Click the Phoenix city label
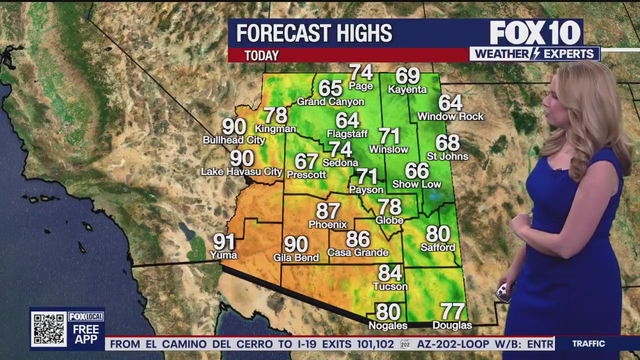click(x=327, y=224)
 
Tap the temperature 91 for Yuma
click(x=224, y=242)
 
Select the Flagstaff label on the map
click(x=347, y=134)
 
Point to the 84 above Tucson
click(x=390, y=273)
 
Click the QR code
click(x=48, y=328)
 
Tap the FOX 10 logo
click(x=535, y=33)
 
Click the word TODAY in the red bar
click(x=261, y=55)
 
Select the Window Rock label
click(x=450, y=116)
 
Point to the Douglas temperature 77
click(x=452, y=311)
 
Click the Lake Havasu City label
click(x=241, y=172)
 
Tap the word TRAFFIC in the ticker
click(x=588, y=344)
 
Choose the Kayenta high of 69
click(x=407, y=76)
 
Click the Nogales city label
click(x=387, y=325)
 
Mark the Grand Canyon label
click(x=330, y=102)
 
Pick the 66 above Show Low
click(x=416, y=171)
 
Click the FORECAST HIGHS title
click(x=314, y=33)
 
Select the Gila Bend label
click(x=296, y=258)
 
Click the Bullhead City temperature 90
click(x=234, y=126)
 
